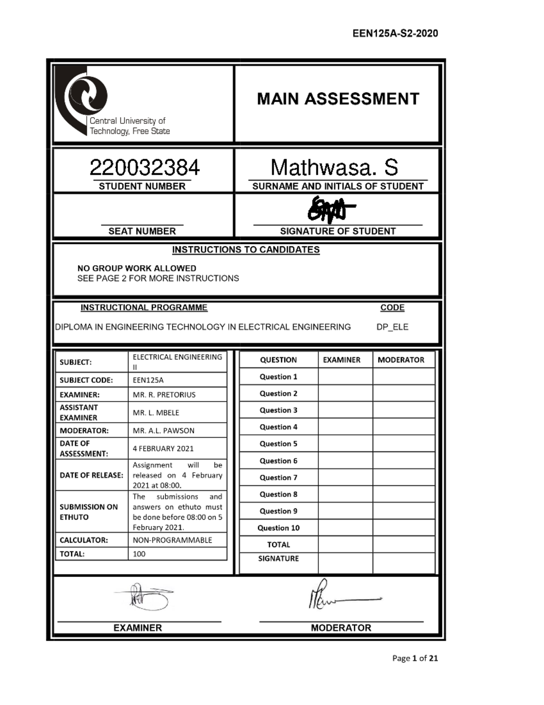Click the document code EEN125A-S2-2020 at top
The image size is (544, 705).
point(395,33)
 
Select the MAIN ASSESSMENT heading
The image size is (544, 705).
point(338,99)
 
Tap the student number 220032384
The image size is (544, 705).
point(144,168)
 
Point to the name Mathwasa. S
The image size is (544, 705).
point(334,168)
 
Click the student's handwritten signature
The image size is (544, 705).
point(330,210)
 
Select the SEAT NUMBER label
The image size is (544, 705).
point(142,231)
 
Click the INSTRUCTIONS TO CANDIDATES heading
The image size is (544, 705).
point(246,250)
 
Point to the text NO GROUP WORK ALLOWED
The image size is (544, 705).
point(136,268)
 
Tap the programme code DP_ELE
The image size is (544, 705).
point(392,327)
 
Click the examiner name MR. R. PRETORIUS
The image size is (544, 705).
point(164,394)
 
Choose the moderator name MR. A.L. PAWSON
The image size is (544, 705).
point(163,430)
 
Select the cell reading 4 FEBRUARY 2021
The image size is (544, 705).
point(163,449)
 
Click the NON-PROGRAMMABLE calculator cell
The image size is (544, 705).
point(172,540)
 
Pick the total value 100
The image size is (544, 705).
point(139,554)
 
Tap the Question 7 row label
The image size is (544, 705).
point(278,478)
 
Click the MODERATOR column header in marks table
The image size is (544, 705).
point(401,360)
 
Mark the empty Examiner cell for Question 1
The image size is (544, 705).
point(345,377)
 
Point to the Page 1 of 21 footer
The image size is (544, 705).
point(415,658)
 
